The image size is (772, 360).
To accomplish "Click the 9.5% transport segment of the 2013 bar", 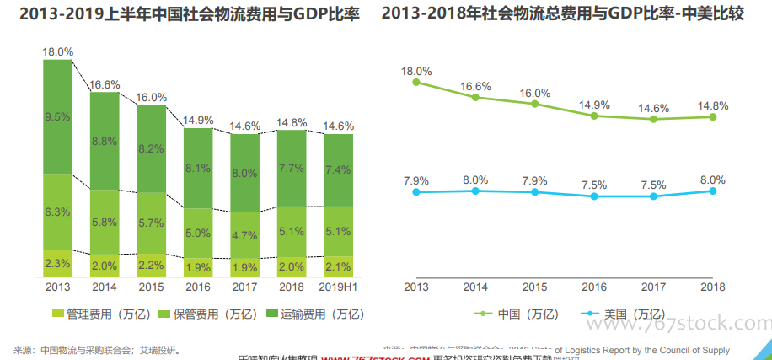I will point(57,117).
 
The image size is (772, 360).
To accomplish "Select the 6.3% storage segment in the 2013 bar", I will point(57,211).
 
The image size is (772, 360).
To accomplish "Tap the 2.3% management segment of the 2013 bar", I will point(57,263).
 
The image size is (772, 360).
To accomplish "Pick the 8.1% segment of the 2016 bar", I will point(198,168).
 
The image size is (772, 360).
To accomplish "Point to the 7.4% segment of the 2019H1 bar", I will point(338,169).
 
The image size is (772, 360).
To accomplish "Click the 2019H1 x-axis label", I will point(338,287).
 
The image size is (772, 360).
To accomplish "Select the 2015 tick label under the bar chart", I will point(151,287).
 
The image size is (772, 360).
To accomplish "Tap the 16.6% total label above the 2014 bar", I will point(105,84).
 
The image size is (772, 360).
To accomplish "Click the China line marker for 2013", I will point(416,83).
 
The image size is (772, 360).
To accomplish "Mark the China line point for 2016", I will point(594,116).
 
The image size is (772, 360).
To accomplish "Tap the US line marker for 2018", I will point(713,191).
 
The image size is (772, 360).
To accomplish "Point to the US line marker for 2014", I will point(475,191).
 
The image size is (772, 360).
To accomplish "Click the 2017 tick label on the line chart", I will point(653,287).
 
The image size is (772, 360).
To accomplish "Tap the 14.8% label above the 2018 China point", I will point(713,105).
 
